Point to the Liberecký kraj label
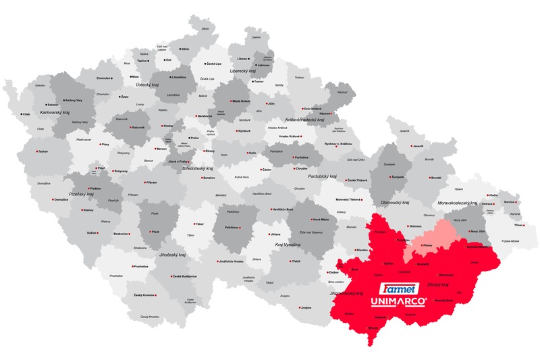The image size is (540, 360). (x=243, y=70)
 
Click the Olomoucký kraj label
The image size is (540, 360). (x=396, y=201)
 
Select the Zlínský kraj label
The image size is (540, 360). (x=439, y=284)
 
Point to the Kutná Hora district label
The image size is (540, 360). (x=242, y=177)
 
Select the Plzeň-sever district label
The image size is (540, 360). (x=83, y=138)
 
